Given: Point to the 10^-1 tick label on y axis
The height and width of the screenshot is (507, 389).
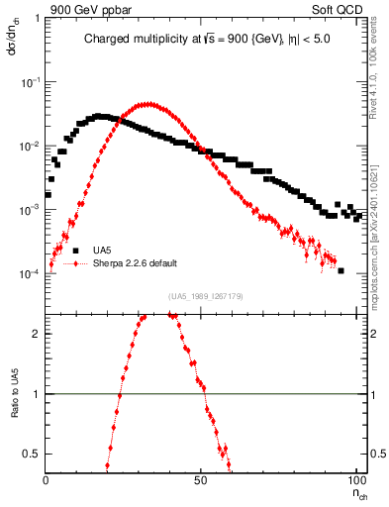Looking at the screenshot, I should coord(31,82).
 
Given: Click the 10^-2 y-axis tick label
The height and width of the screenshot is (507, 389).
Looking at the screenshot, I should coord(31,147).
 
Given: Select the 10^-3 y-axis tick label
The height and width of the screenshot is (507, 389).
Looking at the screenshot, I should coord(31,210).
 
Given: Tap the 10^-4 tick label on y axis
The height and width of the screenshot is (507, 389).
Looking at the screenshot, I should coord(31,274).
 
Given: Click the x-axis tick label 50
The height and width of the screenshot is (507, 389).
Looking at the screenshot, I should coord(201,479).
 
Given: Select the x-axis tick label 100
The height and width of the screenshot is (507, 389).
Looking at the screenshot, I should coord(355,479).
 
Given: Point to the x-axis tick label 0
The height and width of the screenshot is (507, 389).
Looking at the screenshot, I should coord(47,479).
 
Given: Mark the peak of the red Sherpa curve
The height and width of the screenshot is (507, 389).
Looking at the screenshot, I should coord(147,103).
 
